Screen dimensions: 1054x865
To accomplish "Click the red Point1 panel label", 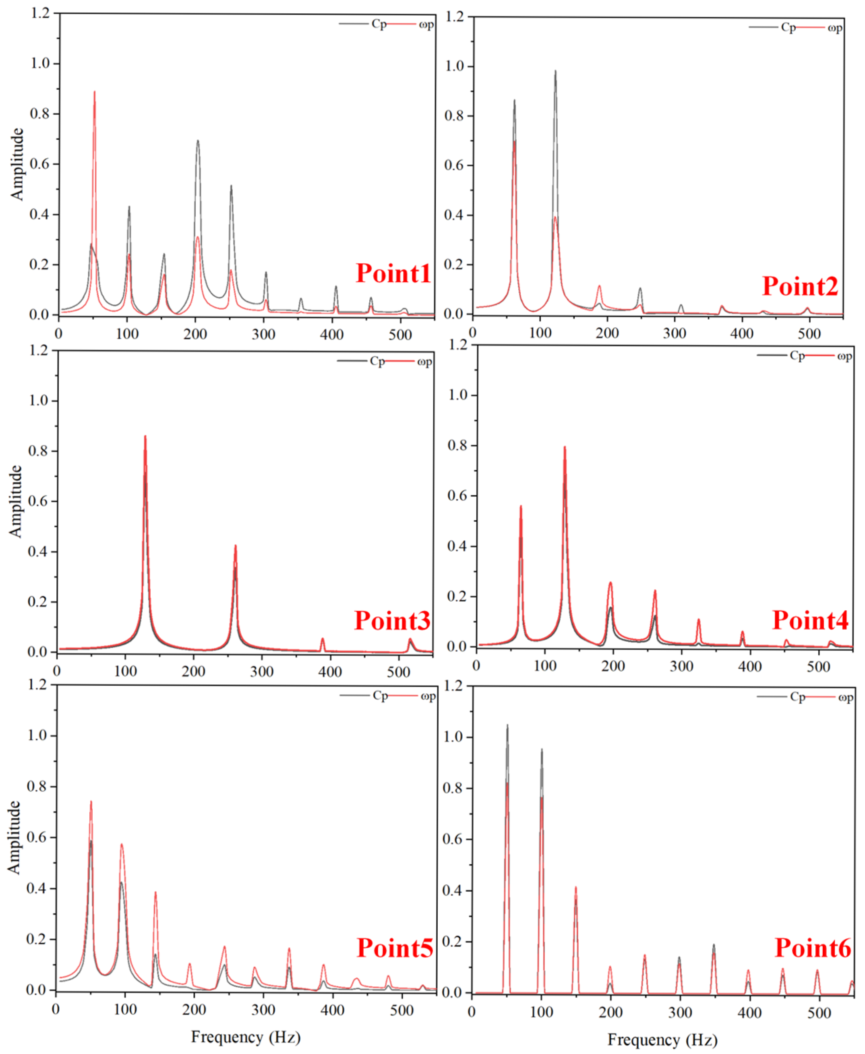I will click(393, 273).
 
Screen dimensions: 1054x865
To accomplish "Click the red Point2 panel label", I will click(800, 286).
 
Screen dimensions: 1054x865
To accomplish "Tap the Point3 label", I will click(392, 621).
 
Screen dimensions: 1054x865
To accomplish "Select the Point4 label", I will click(810, 620).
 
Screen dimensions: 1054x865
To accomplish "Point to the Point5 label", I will click(395, 947).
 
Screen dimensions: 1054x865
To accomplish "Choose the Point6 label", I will click(813, 947).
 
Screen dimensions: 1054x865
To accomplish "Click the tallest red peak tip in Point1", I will click(94, 92).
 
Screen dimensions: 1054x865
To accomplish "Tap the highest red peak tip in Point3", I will click(145, 436).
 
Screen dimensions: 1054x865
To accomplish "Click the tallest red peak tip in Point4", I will click(565, 447).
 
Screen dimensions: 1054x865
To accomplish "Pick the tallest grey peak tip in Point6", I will click(507, 725).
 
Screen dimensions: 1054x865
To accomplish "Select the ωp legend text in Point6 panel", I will click(846, 697).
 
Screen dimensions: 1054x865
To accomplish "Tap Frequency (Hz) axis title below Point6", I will click(662, 1040).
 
